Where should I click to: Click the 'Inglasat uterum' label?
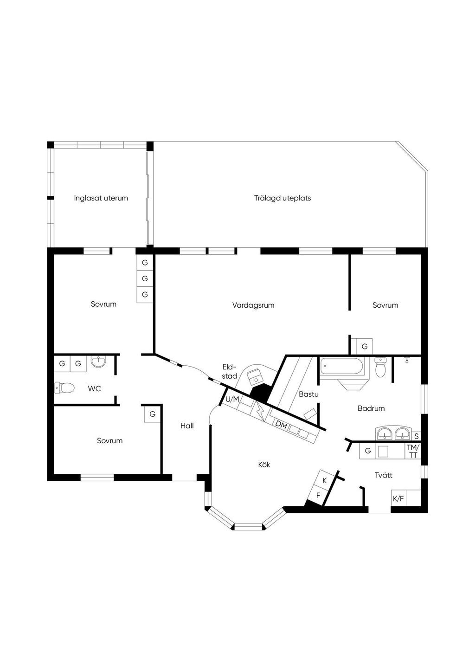[x=101, y=198]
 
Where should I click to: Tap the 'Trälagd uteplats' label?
[x=282, y=198]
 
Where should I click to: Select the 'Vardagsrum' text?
[x=253, y=305]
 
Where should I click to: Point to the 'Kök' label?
[x=264, y=465]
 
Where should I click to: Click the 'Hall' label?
[x=187, y=426]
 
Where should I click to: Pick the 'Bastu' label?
[x=308, y=394]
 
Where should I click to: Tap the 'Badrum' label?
[x=371, y=408]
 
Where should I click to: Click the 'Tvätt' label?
[x=384, y=475]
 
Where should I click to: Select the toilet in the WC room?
[x=64, y=388]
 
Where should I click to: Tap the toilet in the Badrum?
[x=380, y=367]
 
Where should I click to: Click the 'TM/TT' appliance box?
[x=413, y=451]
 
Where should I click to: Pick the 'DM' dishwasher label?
[x=281, y=425]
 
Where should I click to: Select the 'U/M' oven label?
[x=232, y=399]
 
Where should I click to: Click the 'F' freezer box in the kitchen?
[x=318, y=496]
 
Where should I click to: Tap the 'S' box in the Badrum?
[x=416, y=436]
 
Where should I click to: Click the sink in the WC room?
[x=98, y=362]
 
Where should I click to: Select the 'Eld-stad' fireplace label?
[x=230, y=371]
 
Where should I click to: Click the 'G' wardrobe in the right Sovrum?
[x=364, y=346]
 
